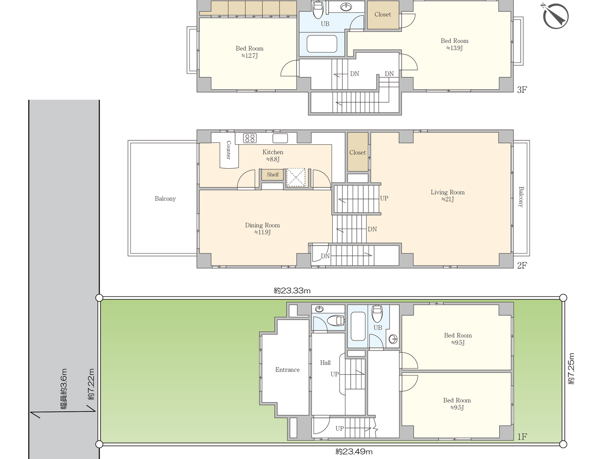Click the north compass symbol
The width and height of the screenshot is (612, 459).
(x=555, y=16)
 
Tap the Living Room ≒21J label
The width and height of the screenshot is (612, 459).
(x=447, y=195)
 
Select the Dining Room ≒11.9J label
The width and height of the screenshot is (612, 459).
(x=262, y=229)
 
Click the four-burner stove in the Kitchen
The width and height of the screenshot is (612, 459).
(x=250, y=138)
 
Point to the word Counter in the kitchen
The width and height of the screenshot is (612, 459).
(x=228, y=150)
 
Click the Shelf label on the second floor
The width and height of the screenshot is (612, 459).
(x=272, y=174)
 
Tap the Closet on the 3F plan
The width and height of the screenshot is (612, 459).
(x=382, y=14)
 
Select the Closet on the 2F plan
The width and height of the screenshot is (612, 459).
(x=357, y=153)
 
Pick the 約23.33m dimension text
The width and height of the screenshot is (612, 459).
(x=292, y=291)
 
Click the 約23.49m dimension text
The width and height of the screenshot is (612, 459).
(x=354, y=452)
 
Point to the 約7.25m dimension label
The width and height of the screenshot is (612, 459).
(x=571, y=369)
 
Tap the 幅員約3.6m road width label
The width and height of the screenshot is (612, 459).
(x=64, y=389)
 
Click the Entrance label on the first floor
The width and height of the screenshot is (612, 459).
(x=287, y=370)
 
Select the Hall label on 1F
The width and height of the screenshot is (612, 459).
(x=325, y=362)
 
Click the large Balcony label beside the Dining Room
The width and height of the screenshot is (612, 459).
(x=165, y=198)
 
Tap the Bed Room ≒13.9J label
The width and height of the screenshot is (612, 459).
(x=454, y=44)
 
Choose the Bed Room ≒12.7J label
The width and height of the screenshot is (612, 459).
(x=249, y=52)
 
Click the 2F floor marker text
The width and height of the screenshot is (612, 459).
(x=522, y=265)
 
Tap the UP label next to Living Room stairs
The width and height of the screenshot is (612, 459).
(x=384, y=198)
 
